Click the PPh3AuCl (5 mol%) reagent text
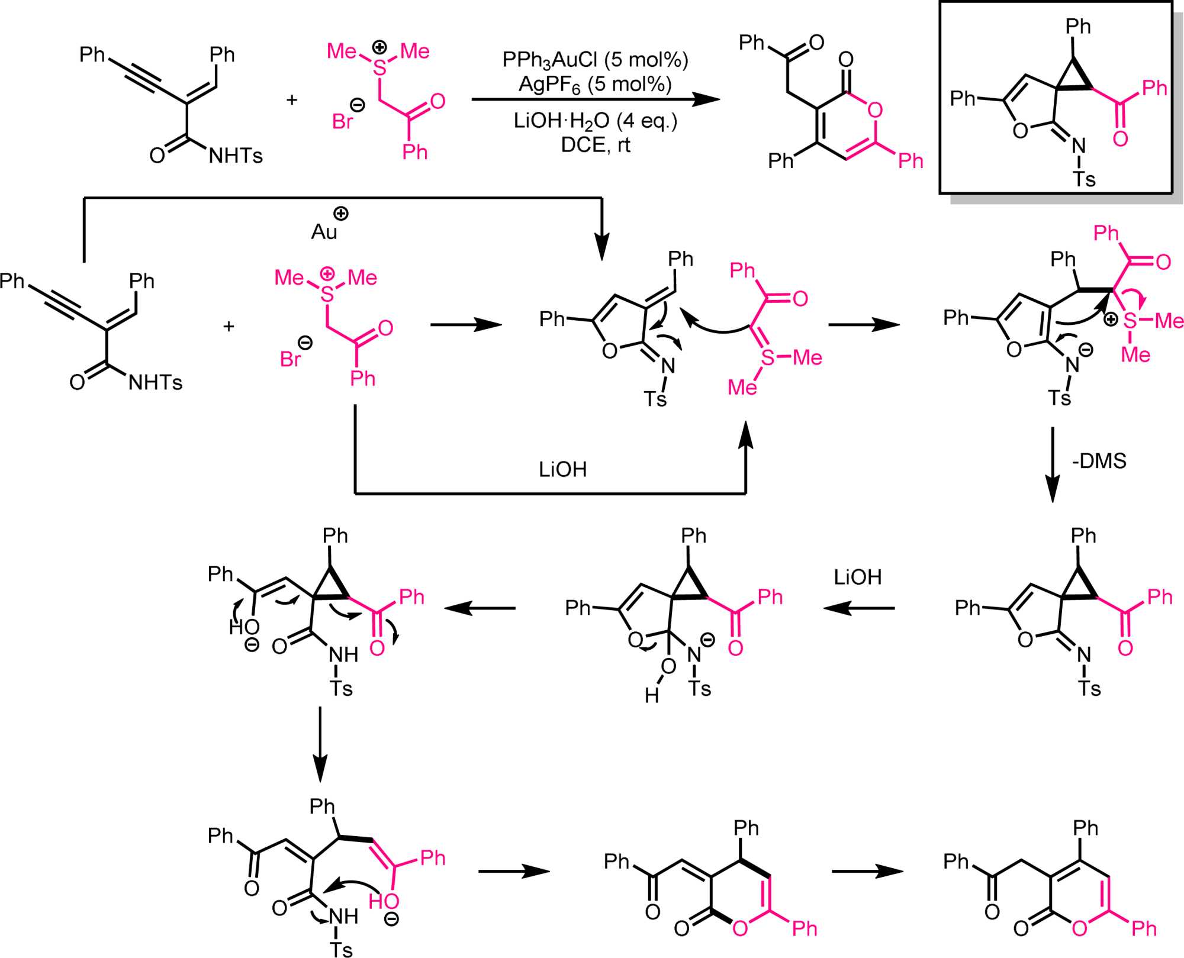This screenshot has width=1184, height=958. (x=595, y=60)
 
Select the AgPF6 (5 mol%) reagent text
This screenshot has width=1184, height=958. (x=595, y=85)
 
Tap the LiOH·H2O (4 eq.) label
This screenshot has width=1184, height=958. (x=595, y=121)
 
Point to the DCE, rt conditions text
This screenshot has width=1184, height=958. (x=595, y=145)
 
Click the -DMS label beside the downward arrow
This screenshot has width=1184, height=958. (x=1099, y=461)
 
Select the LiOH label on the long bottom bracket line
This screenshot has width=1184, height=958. (x=562, y=470)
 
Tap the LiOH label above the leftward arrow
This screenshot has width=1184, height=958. (x=857, y=577)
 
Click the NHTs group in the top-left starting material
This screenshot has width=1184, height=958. (x=236, y=156)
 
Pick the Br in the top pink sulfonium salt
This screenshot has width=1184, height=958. (x=343, y=122)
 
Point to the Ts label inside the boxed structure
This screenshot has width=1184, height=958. (x=1084, y=179)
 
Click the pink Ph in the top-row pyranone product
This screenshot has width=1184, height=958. (x=910, y=161)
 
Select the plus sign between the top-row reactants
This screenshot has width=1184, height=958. (x=291, y=100)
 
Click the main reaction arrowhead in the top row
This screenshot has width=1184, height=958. (x=707, y=99)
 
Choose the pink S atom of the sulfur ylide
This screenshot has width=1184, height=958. (x=768, y=357)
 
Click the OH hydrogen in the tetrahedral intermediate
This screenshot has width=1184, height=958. (x=652, y=695)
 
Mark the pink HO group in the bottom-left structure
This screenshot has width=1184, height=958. (x=384, y=901)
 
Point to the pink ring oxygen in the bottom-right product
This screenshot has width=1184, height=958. (x=1079, y=928)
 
